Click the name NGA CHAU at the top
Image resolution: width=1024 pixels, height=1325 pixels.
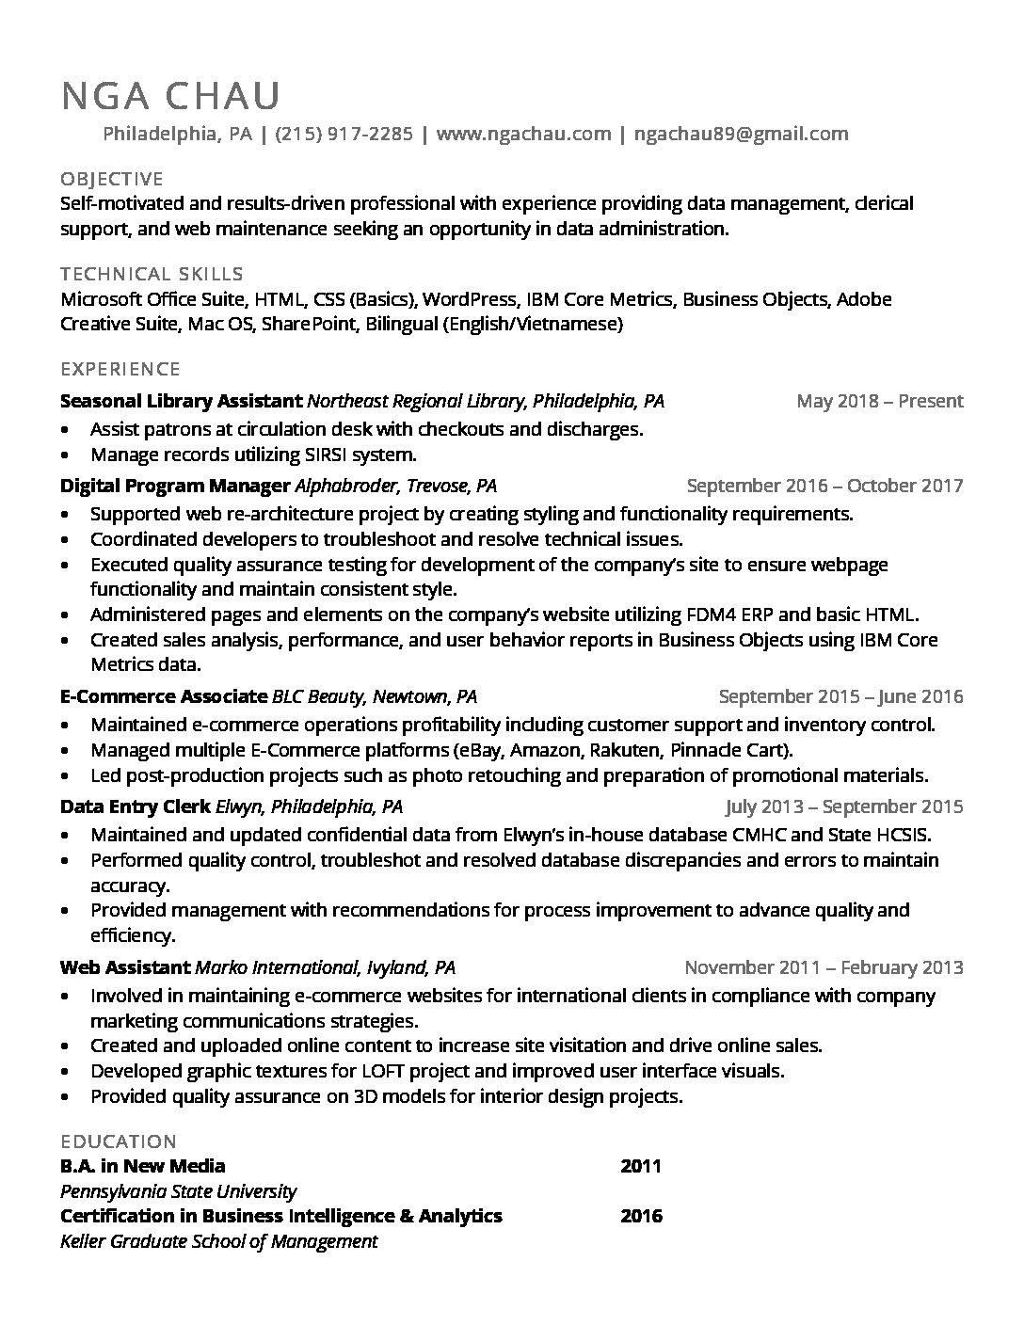pos(170,96)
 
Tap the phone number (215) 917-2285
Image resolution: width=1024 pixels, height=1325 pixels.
pos(344,134)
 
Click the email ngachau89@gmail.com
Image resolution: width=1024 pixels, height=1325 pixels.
pos(741,134)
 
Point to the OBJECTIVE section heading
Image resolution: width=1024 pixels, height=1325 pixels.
pos(112,179)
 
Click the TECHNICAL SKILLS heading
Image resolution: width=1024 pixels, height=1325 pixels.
pos(152,274)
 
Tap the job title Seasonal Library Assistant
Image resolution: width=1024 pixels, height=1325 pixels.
pos(181,401)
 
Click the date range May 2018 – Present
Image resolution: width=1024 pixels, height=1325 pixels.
pos(879,401)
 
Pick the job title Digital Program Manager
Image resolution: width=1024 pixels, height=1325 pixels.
pos(175,486)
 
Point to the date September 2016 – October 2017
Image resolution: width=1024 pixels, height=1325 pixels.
pos(824,486)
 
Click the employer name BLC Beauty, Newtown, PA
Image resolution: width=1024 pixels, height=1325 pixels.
pos(375,696)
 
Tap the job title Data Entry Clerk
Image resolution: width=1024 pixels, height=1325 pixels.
pos(136,806)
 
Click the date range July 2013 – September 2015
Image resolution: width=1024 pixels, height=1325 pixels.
pos(843,806)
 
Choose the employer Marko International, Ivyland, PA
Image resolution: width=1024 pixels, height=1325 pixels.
pos(325,967)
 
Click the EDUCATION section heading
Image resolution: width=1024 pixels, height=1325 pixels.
pos(119,1141)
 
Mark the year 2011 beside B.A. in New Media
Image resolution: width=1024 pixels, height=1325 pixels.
pos(641,1167)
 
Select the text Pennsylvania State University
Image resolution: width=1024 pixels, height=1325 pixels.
pos(178,1191)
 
